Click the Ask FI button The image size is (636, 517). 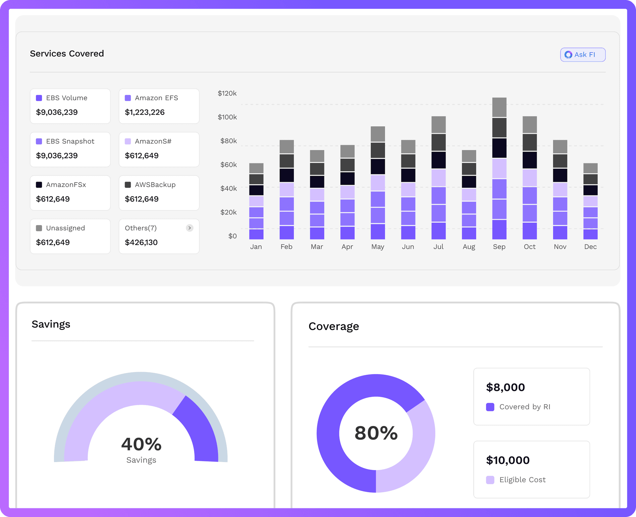583,55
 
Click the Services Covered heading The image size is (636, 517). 67,54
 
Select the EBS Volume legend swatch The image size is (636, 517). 39,98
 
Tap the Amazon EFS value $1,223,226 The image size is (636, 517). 144,112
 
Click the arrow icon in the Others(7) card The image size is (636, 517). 189,228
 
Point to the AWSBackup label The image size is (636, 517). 155,185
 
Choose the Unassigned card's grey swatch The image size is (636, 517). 39,228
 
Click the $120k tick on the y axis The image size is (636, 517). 227,93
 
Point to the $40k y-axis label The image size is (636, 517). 228,188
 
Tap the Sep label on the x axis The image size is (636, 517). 499,247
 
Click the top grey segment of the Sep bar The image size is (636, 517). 499,107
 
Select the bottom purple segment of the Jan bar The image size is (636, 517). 256,234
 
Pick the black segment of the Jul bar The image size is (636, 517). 438,160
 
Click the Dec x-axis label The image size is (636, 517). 590,247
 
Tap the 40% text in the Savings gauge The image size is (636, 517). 141,444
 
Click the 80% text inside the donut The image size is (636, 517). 376,433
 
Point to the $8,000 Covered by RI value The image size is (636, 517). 505,387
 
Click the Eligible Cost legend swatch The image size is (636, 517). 490,480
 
